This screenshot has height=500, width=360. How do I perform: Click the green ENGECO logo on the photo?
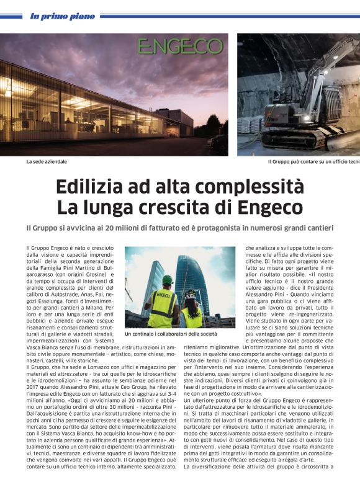(x=179, y=47)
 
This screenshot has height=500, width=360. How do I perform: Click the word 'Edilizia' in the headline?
(x=87, y=187)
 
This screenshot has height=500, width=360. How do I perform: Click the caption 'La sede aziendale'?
(x=46, y=162)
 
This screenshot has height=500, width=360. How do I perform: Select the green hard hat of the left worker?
(x=166, y=280)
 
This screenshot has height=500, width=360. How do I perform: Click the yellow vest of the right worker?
(x=192, y=316)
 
